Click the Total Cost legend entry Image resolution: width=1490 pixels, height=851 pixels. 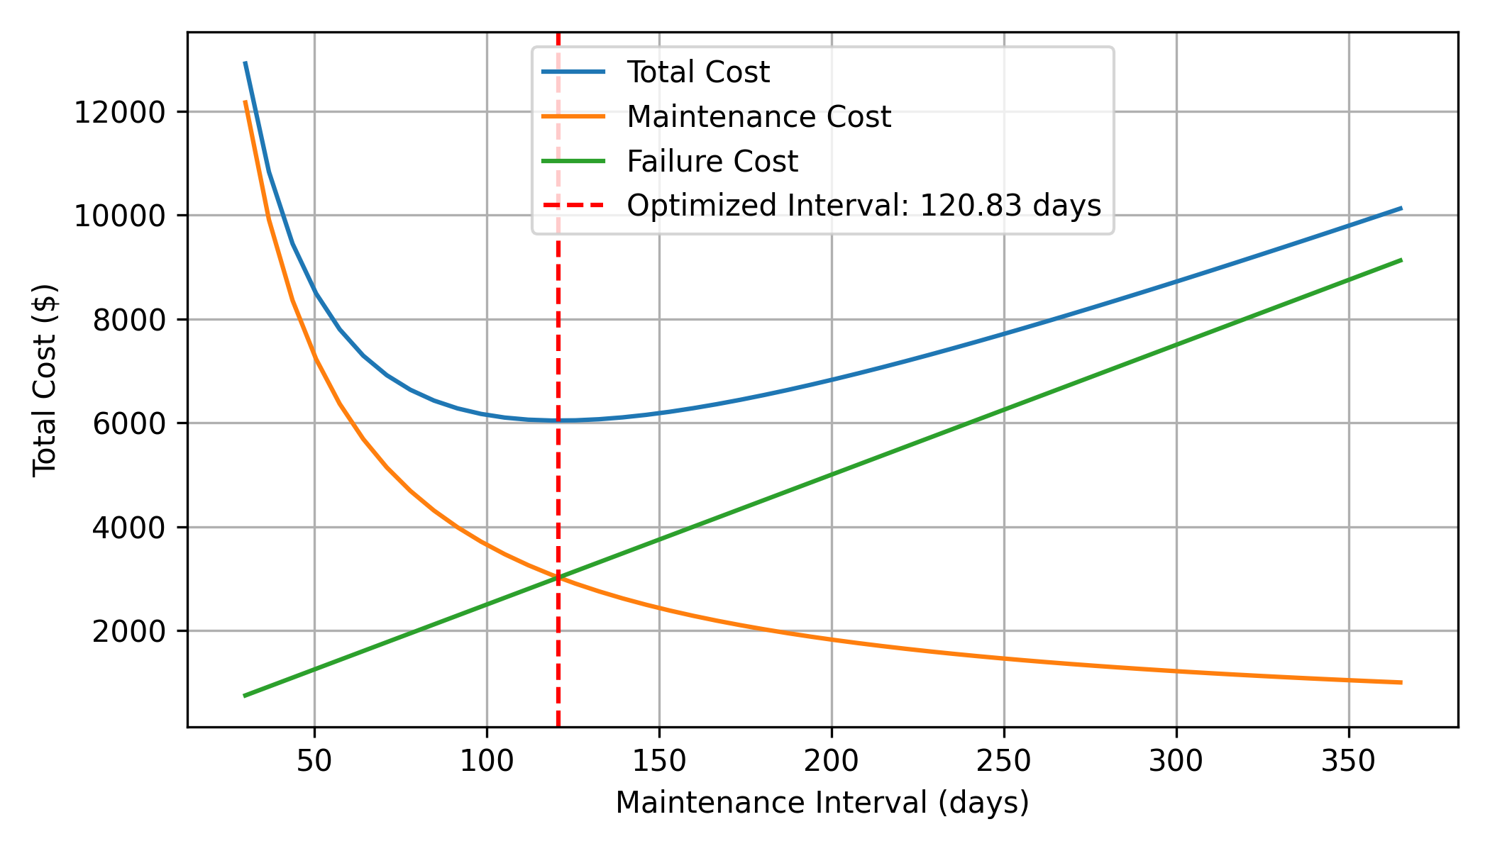coord(697,72)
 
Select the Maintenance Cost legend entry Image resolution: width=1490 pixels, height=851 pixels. coord(758,117)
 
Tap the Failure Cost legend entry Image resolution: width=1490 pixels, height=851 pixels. coord(712,162)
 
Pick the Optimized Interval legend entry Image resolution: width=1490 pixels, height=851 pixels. coord(863,206)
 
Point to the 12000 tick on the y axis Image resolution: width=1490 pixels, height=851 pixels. coord(119,113)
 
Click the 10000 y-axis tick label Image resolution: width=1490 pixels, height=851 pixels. coord(119,216)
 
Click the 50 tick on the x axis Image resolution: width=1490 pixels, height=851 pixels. coord(314,762)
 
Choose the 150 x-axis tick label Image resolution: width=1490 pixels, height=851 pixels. coord(659,762)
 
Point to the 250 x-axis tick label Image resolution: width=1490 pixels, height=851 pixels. coord(1004,762)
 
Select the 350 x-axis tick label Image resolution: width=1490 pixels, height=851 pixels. coord(1349,762)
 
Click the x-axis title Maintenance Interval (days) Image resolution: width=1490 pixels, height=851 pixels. coord(822,803)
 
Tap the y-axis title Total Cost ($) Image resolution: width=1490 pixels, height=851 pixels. coord(45,379)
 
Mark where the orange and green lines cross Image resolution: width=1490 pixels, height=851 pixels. coord(558,579)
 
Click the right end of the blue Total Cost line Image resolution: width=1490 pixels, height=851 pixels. coord(1401,208)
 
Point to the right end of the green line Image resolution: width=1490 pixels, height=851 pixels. coord(1401,260)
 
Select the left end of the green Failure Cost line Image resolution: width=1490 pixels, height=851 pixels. coord(245,696)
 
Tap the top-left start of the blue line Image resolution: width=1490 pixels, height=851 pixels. coord(245,62)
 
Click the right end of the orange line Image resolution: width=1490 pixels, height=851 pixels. coord(1401,682)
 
